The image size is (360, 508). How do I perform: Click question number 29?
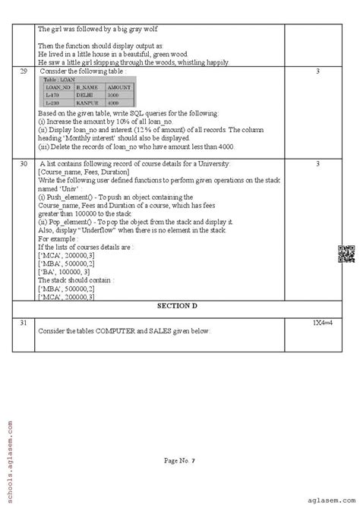pyautogui.click(x=24, y=71)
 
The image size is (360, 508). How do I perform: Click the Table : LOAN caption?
pyautogui.click(x=59, y=80)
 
